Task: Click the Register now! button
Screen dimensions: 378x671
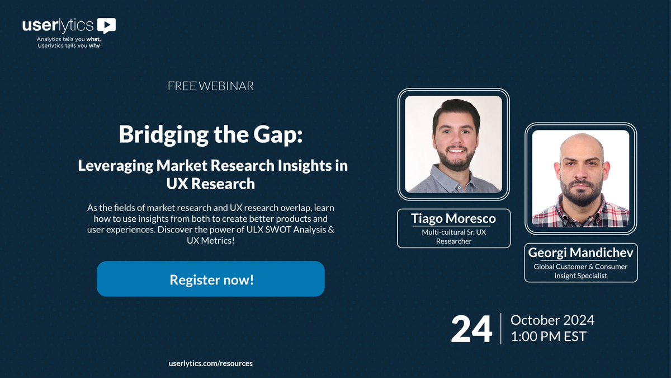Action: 211,279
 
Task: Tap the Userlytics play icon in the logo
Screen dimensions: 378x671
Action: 106,25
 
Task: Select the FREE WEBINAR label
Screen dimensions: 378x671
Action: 211,86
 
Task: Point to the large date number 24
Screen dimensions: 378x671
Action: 471,329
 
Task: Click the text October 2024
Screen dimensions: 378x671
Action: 552,320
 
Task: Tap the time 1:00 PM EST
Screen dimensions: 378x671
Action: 549,337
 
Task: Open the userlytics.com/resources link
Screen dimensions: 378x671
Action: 210,363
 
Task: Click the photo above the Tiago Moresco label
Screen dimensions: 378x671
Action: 453,144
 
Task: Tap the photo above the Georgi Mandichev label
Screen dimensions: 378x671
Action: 580,178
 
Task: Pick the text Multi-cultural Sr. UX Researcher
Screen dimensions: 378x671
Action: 453,236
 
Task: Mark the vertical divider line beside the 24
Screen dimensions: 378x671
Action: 501,329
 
